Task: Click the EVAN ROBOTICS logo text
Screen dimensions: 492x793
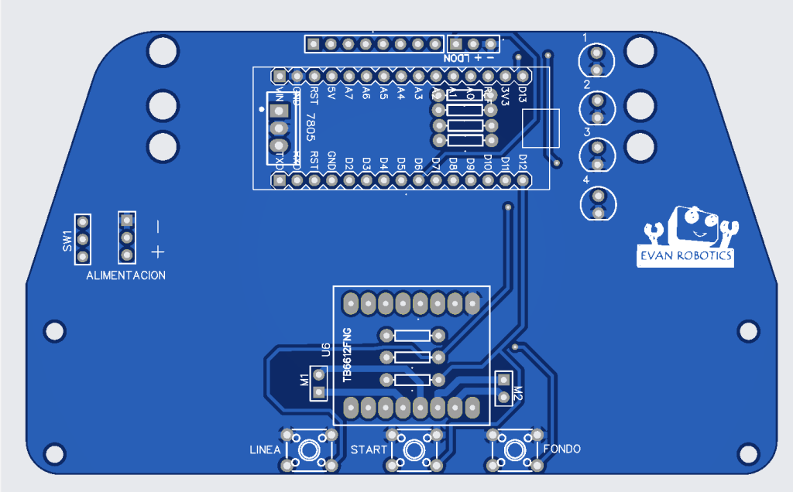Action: [x=685, y=257]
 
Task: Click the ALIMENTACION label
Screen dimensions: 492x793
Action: [x=126, y=276]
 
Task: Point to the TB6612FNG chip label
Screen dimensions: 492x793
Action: [x=347, y=354]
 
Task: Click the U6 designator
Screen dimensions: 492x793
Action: [x=326, y=350]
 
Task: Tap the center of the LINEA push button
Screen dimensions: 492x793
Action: [x=310, y=449]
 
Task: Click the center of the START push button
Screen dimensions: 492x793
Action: [x=415, y=449]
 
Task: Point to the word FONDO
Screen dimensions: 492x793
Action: [x=561, y=449]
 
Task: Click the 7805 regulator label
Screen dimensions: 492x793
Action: [x=311, y=126]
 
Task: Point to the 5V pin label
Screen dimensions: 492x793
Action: [x=331, y=93]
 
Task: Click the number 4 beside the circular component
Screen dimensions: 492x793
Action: [x=586, y=180]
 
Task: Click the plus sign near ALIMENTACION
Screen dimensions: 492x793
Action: [x=158, y=251]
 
